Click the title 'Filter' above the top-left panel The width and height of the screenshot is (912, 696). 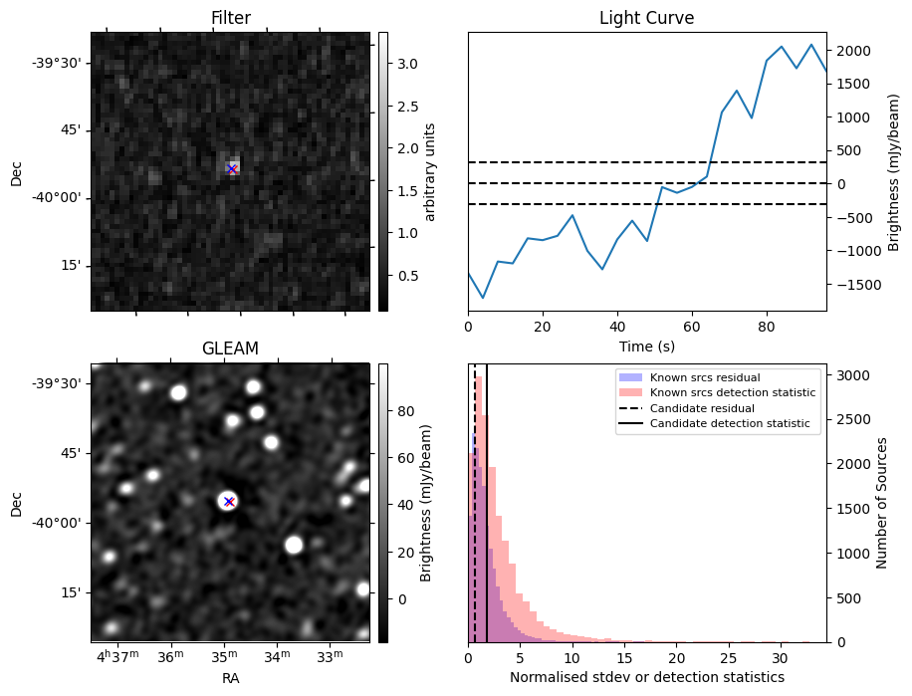pos(231,18)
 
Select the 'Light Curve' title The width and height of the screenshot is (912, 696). pos(647,18)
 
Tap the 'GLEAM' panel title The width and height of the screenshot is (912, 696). pos(230,348)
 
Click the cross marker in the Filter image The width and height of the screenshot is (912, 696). pos(232,169)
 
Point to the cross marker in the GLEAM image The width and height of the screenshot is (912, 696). pos(229,501)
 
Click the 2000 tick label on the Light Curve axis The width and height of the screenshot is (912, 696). pos(854,51)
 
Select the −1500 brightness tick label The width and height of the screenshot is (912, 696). pos(849,285)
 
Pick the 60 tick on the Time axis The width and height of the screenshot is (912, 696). pos(692,327)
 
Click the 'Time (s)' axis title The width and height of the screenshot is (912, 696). pos(647,347)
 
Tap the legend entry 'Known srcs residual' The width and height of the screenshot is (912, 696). pos(705,377)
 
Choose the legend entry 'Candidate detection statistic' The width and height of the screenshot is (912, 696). pos(730,423)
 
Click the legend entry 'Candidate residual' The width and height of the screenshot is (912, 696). pos(702,408)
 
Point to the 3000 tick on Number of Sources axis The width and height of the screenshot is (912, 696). pos(854,375)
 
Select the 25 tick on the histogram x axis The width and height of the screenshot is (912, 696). pos(728,657)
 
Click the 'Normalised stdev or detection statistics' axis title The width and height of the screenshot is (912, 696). pos(647,677)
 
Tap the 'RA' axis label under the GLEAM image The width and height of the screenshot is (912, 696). pos(230,678)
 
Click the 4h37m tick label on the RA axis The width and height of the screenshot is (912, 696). pos(118,656)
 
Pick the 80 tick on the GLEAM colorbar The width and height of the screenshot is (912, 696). pos(406,411)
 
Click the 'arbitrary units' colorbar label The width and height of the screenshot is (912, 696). pos(429,172)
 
